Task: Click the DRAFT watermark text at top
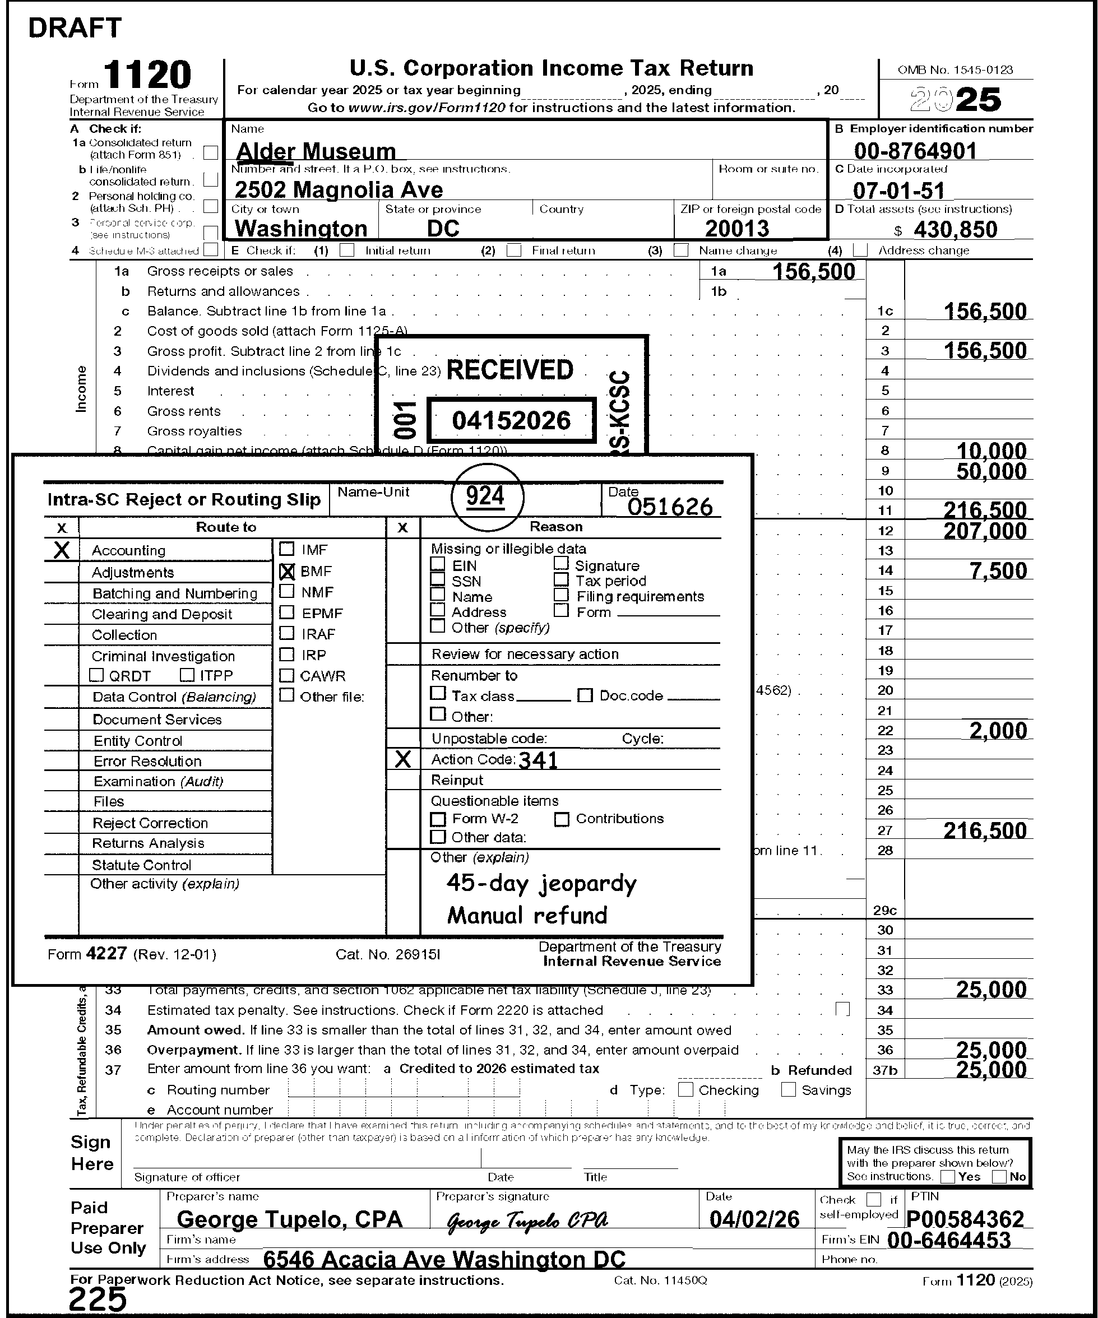click(x=75, y=28)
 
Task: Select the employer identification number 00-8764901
click(x=915, y=151)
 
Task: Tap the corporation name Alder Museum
click(x=316, y=151)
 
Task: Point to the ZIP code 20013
click(x=736, y=229)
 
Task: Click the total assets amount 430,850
click(x=955, y=230)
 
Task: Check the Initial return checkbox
click(x=346, y=250)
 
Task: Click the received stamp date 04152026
click(x=511, y=420)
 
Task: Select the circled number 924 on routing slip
click(x=485, y=497)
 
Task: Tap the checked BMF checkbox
click(x=287, y=571)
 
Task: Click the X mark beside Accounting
click(x=62, y=550)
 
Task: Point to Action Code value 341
click(x=538, y=760)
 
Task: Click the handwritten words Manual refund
click(x=527, y=916)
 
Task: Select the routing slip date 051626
click(x=670, y=507)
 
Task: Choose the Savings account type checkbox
click(x=789, y=1089)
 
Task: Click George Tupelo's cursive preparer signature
click(x=527, y=1220)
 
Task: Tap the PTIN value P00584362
click(x=965, y=1219)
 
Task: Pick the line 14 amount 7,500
click(x=998, y=571)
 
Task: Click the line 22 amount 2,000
click(x=998, y=731)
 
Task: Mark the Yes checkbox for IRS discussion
click(x=948, y=1177)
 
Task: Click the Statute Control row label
click(x=141, y=865)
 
